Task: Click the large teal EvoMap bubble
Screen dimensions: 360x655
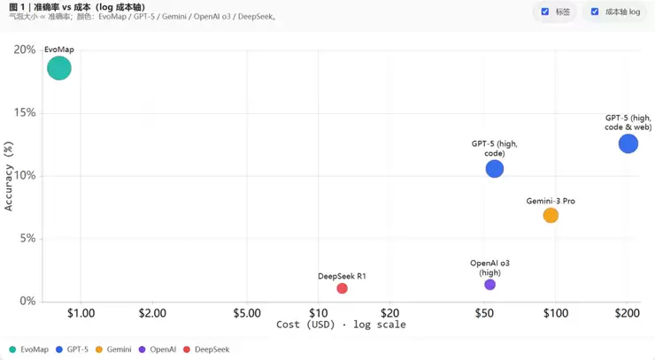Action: [58, 68]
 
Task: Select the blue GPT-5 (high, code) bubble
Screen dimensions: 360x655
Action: [494, 168]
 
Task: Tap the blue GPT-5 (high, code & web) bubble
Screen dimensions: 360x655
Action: [628, 143]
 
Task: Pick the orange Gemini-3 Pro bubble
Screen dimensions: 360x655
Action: [551, 215]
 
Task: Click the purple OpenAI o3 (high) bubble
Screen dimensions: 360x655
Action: [489, 285]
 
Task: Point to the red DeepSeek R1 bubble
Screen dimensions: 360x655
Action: [342, 288]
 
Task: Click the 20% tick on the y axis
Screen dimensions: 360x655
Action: [25, 50]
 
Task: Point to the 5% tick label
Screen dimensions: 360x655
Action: [27, 239]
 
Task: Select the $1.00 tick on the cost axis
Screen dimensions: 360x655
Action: [81, 313]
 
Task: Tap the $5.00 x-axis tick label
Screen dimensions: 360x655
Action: [247, 313]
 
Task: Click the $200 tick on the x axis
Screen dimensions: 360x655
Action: [627, 313]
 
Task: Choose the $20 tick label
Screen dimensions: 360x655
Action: [390, 313]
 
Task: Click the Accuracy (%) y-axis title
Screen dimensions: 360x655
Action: [10, 176]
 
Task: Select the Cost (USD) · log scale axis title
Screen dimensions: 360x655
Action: [341, 325]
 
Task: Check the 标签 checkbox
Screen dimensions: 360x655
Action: [545, 11]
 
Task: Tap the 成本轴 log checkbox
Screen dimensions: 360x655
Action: [595, 11]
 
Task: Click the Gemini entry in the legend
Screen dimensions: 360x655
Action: [113, 349]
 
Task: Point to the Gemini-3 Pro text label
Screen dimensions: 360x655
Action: [551, 201]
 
